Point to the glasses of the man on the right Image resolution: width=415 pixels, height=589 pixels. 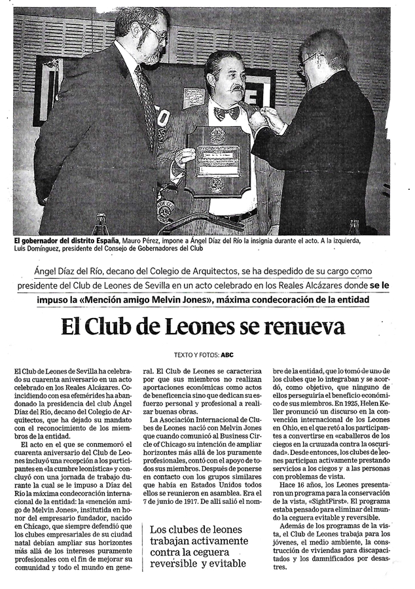(x=308, y=60)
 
